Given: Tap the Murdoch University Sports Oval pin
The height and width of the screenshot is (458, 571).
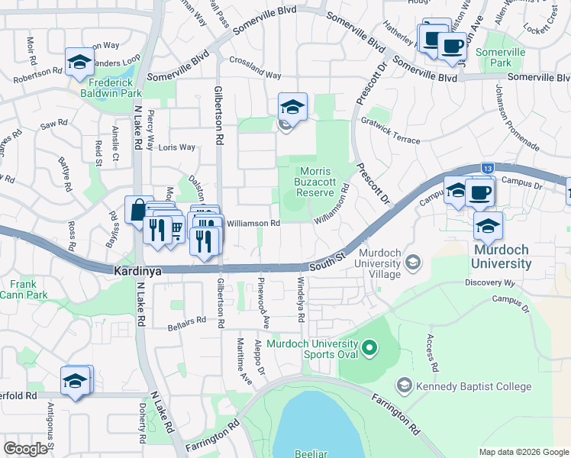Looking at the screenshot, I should point(369,350).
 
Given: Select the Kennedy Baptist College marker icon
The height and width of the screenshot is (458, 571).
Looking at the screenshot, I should point(404,386).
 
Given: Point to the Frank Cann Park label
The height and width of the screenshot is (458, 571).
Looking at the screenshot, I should point(24,289).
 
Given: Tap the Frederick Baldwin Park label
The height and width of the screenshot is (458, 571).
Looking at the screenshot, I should point(115,88).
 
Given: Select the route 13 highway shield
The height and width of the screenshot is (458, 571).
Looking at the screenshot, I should point(486,168).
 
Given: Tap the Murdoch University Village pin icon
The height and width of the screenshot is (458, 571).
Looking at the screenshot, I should point(412,263).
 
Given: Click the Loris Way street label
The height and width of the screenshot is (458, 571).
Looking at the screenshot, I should point(177,148).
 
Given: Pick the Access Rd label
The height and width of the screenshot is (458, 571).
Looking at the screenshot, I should point(431,353).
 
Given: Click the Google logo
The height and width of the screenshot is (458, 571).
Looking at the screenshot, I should point(26,449).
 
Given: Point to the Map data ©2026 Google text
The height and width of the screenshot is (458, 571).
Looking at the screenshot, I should point(523,452).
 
